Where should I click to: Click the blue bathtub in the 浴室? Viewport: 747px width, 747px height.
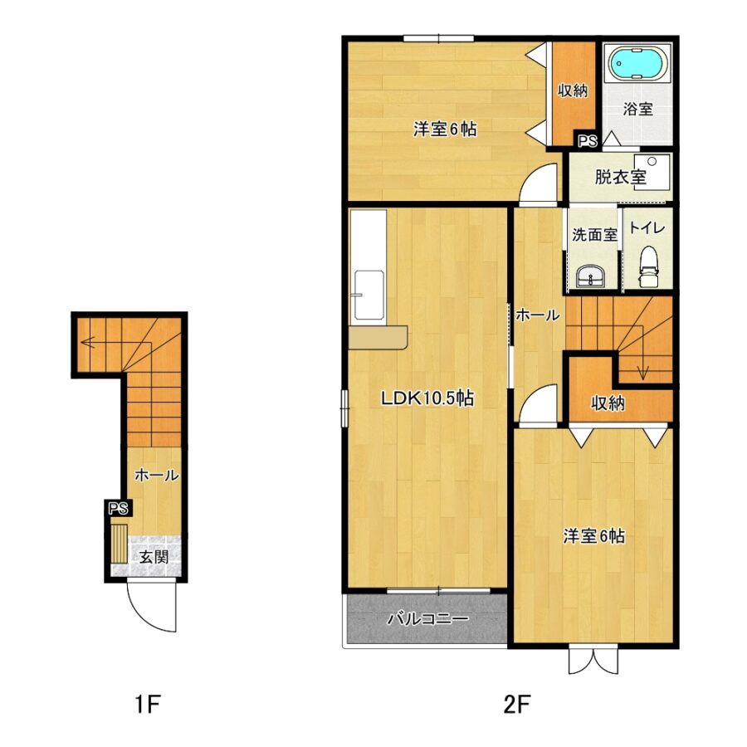coord(637,63)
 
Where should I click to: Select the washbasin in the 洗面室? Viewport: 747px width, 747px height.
coord(591,276)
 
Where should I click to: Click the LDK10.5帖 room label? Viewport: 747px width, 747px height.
coord(427,398)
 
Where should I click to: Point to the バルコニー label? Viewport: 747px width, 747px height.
coord(427,619)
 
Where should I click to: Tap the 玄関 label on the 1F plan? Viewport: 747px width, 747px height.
coord(154,556)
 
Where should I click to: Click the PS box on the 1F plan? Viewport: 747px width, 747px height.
coord(118,508)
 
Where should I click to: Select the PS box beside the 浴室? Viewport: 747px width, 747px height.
coord(588,141)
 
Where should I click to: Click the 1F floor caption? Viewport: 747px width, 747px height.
coord(147,704)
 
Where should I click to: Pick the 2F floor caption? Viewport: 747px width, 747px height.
coord(517,704)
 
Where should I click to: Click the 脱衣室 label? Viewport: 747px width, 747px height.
coord(620,178)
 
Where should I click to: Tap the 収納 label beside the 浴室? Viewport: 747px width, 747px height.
coord(573,90)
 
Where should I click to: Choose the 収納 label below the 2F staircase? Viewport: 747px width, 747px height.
coord(608,403)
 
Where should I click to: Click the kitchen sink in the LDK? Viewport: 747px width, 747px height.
coord(369,295)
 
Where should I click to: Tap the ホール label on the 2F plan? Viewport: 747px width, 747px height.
coord(537,315)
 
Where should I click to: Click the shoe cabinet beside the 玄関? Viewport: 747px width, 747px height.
coord(119,544)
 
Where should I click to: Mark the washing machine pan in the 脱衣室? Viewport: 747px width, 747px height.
coord(652,172)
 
